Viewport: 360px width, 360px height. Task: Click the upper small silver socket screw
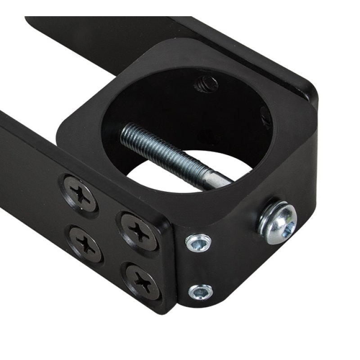pyautogui.click(x=198, y=243)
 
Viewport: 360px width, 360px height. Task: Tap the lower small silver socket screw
pyautogui.click(x=201, y=292)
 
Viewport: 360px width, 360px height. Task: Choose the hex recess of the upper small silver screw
pyautogui.click(x=198, y=243)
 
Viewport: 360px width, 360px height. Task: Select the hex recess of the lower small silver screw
pyautogui.click(x=201, y=292)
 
